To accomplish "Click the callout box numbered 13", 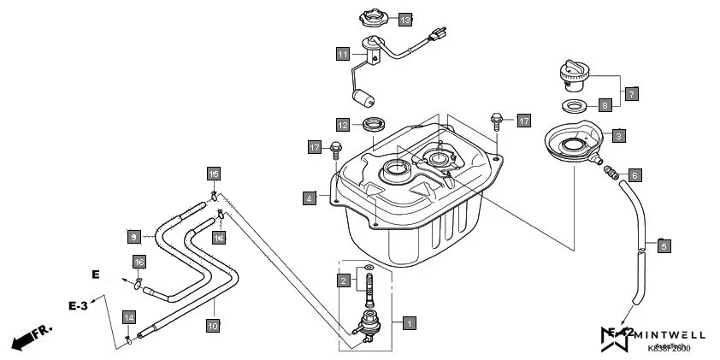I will [x=404, y=19].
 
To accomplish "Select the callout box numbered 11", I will [x=342, y=55].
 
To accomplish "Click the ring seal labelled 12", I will [x=374, y=124].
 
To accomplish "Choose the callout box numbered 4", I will [x=309, y=198].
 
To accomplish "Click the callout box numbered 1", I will [x=409, y=323].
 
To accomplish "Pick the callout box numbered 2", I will [x=343, y=280].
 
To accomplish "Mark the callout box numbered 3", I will [x=617, y=135].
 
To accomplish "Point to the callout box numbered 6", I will [x=634, y=174].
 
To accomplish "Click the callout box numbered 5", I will [x=664, y=246].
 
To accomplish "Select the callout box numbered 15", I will [x=214, y=174].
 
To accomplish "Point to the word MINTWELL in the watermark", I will [x=670, y=335].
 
